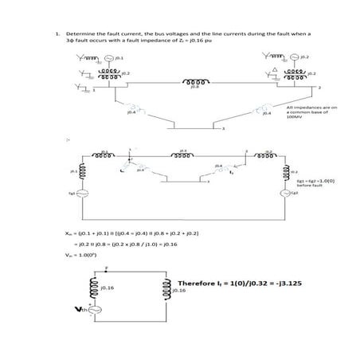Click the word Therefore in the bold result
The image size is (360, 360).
[x=194, y=284]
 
